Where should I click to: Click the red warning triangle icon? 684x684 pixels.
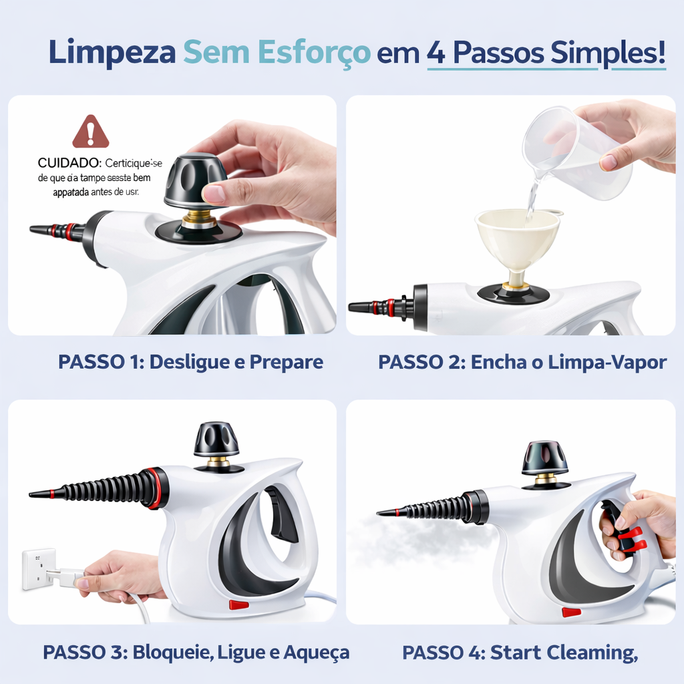91,132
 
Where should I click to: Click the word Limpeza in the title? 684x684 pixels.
112,53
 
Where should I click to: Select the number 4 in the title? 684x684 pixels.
436,53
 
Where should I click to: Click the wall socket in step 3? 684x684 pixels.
39,568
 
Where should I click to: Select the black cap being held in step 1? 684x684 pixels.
195,180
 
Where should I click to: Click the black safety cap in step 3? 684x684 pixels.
216,440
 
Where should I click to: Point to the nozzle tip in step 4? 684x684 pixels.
382,512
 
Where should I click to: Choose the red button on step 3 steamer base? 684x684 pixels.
238,605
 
